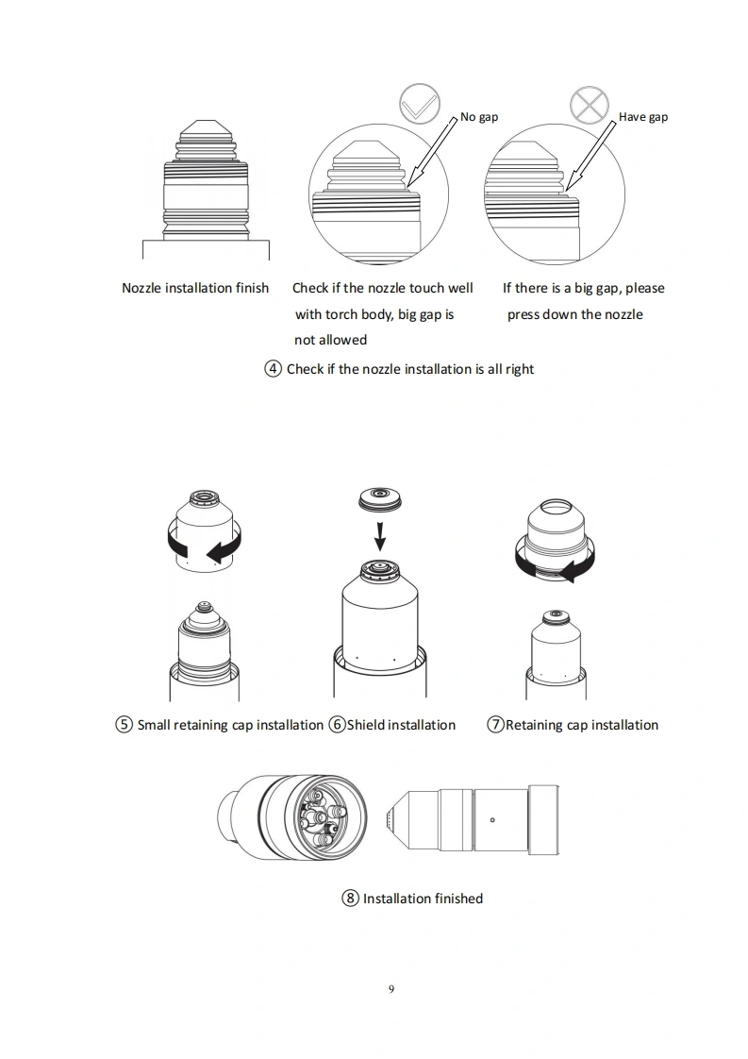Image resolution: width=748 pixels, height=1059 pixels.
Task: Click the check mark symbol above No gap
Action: tap(419, 103)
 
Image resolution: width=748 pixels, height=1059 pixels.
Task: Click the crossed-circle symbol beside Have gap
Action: tap(590, 106)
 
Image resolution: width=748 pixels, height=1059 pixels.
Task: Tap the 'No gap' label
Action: tap(479, 117)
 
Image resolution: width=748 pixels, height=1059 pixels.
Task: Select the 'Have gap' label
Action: tap(643, 117)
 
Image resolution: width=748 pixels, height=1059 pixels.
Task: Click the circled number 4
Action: tap(273, 369)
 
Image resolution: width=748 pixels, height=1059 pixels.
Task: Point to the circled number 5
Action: tap(125, 725)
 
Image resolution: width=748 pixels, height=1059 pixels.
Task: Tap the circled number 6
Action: tap(337, 725)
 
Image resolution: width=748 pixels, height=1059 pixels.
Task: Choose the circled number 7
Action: tap(495, 725)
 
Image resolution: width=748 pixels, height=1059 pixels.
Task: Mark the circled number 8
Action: tap(350, 899)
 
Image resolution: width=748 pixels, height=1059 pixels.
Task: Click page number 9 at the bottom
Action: tap(391, 989)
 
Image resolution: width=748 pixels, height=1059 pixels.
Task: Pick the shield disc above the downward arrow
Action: tap(380, 498)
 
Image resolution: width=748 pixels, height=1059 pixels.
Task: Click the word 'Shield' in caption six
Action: tap(368, 725)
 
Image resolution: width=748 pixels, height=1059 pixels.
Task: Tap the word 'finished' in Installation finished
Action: tap(459, 899)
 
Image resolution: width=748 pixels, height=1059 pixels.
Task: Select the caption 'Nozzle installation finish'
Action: tap(195, 289)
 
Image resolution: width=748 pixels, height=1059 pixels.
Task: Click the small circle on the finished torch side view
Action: tap(492, 820)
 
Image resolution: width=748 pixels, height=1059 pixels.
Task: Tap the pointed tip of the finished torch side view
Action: tap(386, 819)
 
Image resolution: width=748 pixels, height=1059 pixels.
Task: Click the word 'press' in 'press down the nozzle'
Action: tap(523, 315)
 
